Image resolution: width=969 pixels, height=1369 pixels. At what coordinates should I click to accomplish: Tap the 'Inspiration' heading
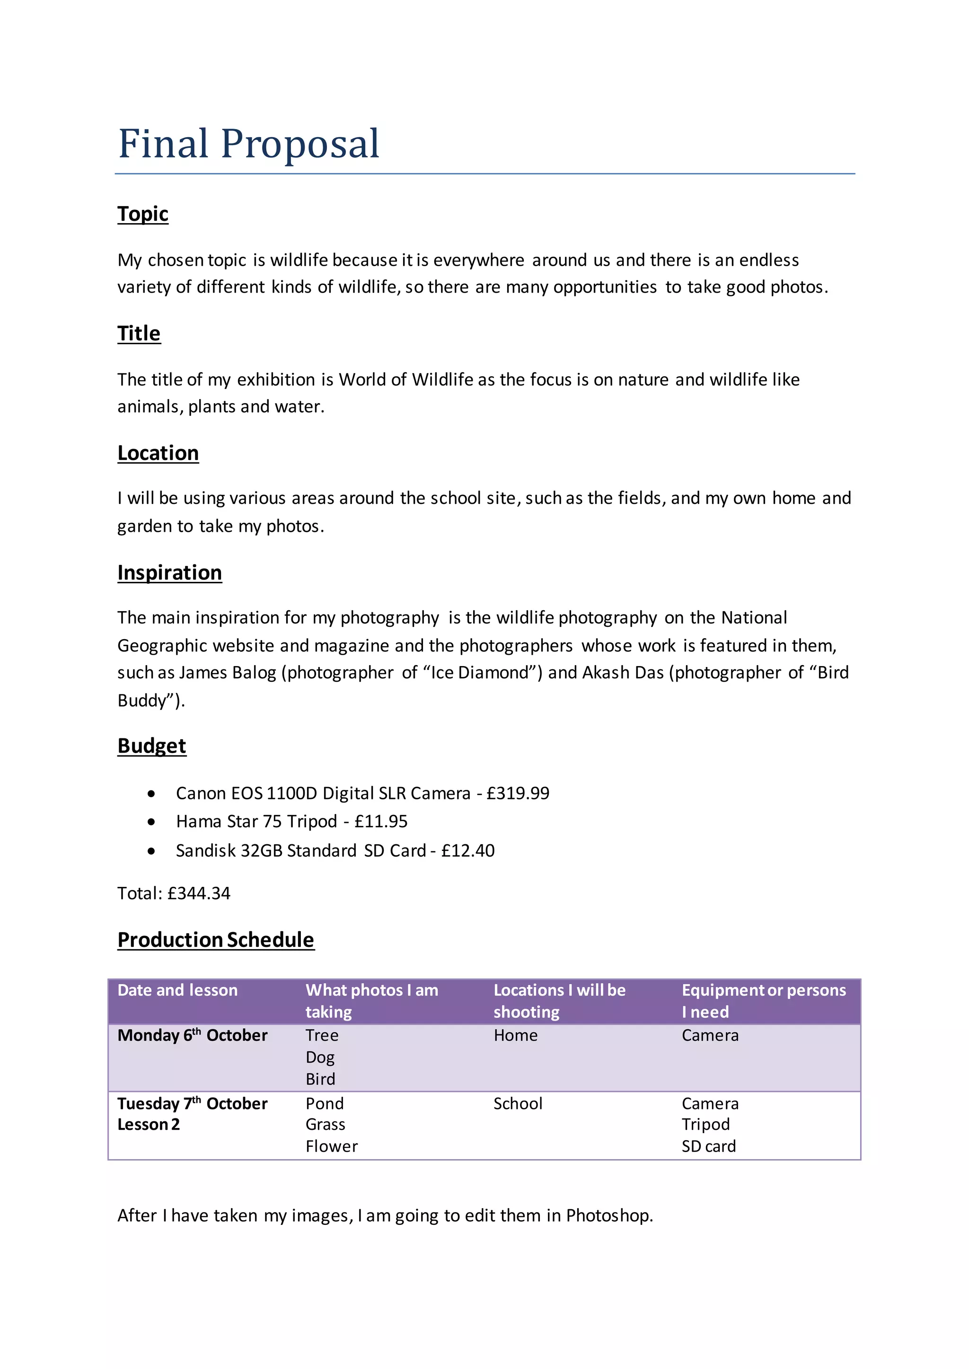(169, 572)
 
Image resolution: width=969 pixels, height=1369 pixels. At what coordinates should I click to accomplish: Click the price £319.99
(517, 793)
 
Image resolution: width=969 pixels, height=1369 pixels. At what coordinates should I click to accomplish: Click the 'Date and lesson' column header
(177, 990)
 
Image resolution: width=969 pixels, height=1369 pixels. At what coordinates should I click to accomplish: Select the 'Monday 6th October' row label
(192, 1036)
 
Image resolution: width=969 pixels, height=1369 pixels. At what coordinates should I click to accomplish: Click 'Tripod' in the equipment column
(705, 1125)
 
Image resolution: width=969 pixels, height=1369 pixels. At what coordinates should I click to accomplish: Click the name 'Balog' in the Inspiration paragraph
(254, 673)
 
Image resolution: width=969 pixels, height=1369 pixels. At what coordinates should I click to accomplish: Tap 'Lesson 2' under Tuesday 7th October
(148, 1125)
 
